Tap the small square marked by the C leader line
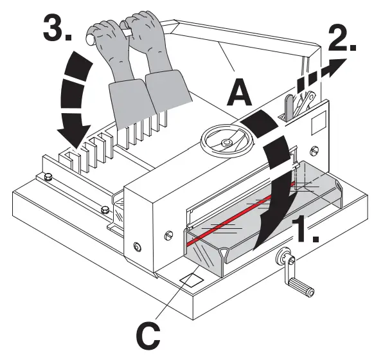191,280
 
